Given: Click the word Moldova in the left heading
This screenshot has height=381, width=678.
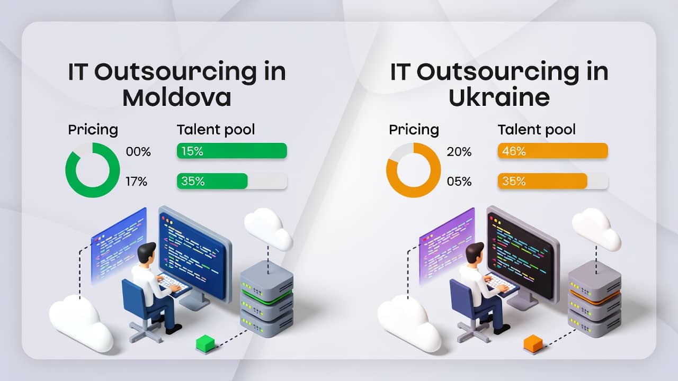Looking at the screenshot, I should click(x=177, y=98).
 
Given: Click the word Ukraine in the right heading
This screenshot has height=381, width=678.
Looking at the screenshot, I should click(x=499, y=98).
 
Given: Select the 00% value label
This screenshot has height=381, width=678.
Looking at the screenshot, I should click(x=138, y=152).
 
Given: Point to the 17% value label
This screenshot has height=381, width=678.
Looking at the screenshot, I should click(x=137, y=182).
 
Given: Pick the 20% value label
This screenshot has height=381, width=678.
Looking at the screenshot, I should click(x=459, y=152).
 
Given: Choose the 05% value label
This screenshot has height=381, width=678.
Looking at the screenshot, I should click(x=459, y=182).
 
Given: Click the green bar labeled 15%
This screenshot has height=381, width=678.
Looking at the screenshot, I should click(x=231, y=151).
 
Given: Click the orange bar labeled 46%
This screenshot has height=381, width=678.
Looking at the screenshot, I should click(x=552, y=151).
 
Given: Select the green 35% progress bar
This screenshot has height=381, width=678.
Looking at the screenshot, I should click(x=212, y=181).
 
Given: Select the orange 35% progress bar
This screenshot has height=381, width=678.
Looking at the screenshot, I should click(x=542, y=181).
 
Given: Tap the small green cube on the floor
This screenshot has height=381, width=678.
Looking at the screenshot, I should click(x=206, y=343).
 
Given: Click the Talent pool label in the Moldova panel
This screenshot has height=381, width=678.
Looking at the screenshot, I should click(x=216, y=130).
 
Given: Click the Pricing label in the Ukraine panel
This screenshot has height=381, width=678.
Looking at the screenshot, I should click(x=414, y=130).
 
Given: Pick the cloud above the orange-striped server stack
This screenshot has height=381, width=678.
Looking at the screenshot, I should click(x=596, y=229).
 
